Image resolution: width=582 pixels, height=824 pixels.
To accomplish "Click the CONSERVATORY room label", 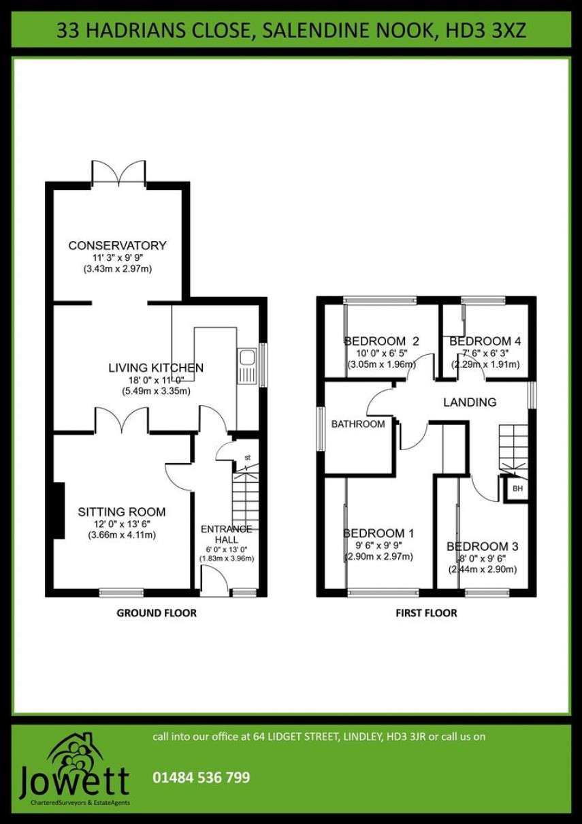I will (117, 246).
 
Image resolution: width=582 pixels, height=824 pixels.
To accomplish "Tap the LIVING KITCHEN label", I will (156, 368).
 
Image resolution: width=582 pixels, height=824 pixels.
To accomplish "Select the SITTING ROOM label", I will (121, 512).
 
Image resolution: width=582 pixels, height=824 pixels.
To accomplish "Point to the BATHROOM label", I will (358, 424).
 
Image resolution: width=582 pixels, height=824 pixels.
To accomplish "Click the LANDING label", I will (470, 402).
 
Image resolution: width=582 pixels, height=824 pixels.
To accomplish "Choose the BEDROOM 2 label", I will (381, 341).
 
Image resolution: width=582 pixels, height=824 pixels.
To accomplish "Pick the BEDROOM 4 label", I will (485, 341).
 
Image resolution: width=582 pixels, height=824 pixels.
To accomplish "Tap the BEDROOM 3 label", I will (482, 546).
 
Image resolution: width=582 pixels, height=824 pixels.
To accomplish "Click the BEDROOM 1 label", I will (378, 533).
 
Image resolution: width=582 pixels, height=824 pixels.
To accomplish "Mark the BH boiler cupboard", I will (517, 489).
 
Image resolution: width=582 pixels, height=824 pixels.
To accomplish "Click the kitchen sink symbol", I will (246, 367).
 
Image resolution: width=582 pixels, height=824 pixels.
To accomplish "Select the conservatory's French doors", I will (119, 173).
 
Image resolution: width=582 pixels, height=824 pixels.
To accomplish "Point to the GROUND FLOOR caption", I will (157, 613).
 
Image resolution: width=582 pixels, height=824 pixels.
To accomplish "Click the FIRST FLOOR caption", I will (426, 613).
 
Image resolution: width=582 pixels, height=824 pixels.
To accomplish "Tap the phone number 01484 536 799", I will (201, 777).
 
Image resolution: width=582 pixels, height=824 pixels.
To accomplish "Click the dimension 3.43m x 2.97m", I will (117, 269).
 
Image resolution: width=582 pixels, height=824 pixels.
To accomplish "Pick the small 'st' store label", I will (247, 458).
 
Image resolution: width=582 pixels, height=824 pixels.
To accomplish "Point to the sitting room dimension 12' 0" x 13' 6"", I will (122, 524).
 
